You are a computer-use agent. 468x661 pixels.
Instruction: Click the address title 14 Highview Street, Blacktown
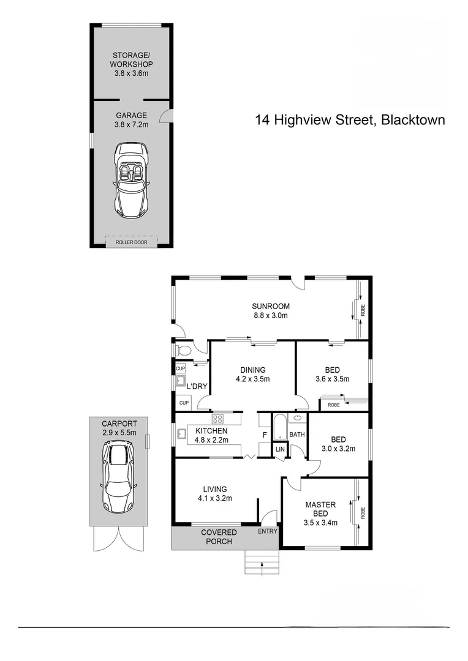point(350,120)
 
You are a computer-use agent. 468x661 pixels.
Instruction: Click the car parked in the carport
point(118,477)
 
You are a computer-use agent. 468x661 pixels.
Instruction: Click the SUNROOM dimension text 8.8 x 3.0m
point(270,316)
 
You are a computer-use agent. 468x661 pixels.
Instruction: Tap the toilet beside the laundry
point(182,351)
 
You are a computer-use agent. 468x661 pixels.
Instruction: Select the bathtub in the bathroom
point(279,427)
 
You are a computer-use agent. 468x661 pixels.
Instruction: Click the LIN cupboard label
point(280,450)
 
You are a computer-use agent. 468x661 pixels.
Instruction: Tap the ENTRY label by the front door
point(267,531)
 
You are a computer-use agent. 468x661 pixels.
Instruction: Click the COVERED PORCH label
point(219,537)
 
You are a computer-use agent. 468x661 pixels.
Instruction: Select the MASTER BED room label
point(320,509)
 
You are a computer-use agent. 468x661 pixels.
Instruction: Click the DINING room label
point(252,370)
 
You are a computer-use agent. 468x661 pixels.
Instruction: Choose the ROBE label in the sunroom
point(362,310)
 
